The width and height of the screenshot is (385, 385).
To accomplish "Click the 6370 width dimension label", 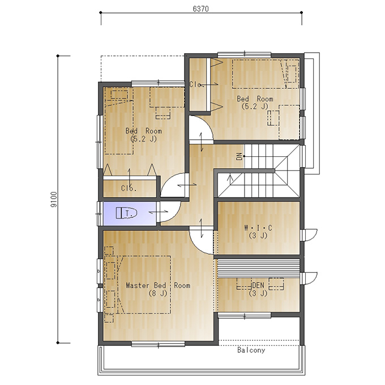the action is pos(200,9).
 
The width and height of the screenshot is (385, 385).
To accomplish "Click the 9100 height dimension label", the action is pos(54,199).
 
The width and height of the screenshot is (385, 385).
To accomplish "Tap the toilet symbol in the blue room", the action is pos(126,213).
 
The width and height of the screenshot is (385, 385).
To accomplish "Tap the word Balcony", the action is pos(251,350).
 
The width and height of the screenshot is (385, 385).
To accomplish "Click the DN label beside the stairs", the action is pos(239,156).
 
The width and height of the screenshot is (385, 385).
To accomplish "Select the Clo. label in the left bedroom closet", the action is pos(129,189).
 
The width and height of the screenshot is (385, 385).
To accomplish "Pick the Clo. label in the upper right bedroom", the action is pos(196,84).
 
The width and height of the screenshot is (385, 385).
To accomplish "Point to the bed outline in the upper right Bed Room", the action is pos(266,74).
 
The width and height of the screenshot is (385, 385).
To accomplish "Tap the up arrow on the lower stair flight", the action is pos(230,180).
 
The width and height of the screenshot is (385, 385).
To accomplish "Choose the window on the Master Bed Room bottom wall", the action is pos(158,344).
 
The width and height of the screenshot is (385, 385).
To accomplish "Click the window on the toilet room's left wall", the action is pos(100,213).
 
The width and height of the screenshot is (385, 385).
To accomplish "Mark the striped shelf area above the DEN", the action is pos(259,268).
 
